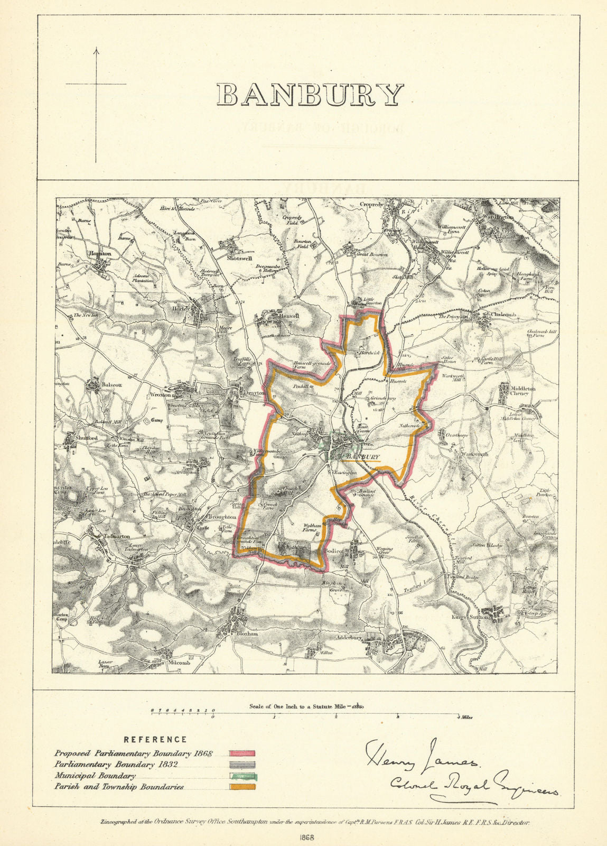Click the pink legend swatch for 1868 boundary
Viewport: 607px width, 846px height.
tap(242, 753)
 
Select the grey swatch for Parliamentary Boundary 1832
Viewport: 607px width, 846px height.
tap(242, 765)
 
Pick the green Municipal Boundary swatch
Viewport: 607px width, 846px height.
tap(242, 776)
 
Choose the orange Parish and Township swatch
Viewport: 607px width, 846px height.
tap(242, 787)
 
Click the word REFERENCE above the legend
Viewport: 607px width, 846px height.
tap(155, 740)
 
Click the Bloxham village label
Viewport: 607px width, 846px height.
tap(247, 633)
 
